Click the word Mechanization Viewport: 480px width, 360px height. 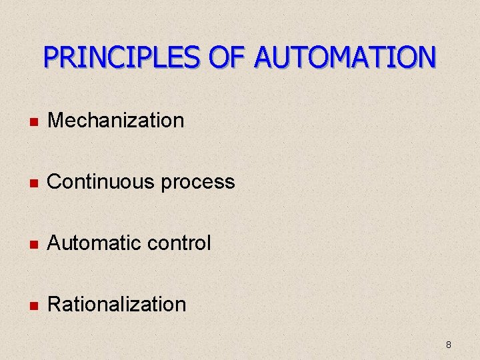tap(116, 121)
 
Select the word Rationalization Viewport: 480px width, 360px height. tap(117, 305)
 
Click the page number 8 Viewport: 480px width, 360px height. tap(448, 345)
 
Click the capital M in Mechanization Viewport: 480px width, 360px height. tap(56, 121)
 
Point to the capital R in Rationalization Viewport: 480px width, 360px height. tap(55, 305)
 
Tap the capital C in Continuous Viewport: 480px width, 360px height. tap(55, 182)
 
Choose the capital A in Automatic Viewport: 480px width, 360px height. tap(55, 243)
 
